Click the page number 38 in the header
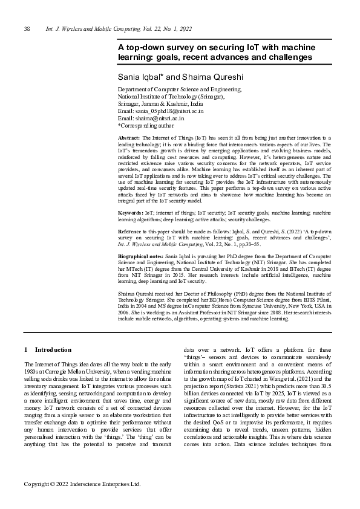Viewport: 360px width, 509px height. point(27,30)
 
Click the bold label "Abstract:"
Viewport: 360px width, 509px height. point(128,138)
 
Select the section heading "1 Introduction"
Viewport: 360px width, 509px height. point(48,349)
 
